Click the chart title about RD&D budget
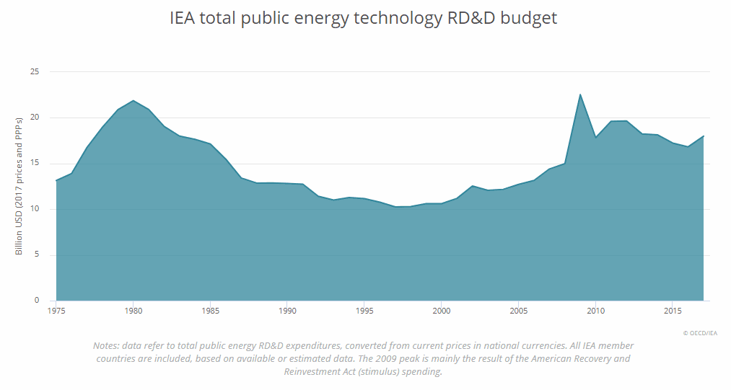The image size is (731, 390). coord(363,19)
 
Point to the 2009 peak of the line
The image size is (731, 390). coord(580,94)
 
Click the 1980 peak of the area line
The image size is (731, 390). coord(133,101)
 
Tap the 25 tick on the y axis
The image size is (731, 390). coord(34,72)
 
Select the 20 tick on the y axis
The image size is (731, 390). coord(34,118)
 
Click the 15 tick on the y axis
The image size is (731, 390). coord(34,164)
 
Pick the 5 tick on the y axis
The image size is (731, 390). coord(36,255)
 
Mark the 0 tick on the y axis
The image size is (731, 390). coord(36,301)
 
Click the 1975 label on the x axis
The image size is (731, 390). coord(56,311)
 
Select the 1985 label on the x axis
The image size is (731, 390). coord(210,311)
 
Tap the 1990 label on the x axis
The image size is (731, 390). coord(287,311)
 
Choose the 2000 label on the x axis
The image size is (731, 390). coord(441,311)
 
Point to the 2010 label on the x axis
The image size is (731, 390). coord(595,311)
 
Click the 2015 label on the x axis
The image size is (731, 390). coord(672,311)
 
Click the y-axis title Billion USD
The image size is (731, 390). coord(19,185)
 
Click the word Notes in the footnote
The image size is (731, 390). coord(106,345)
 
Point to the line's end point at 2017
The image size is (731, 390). coord(703,136)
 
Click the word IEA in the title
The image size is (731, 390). coord(182,19)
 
